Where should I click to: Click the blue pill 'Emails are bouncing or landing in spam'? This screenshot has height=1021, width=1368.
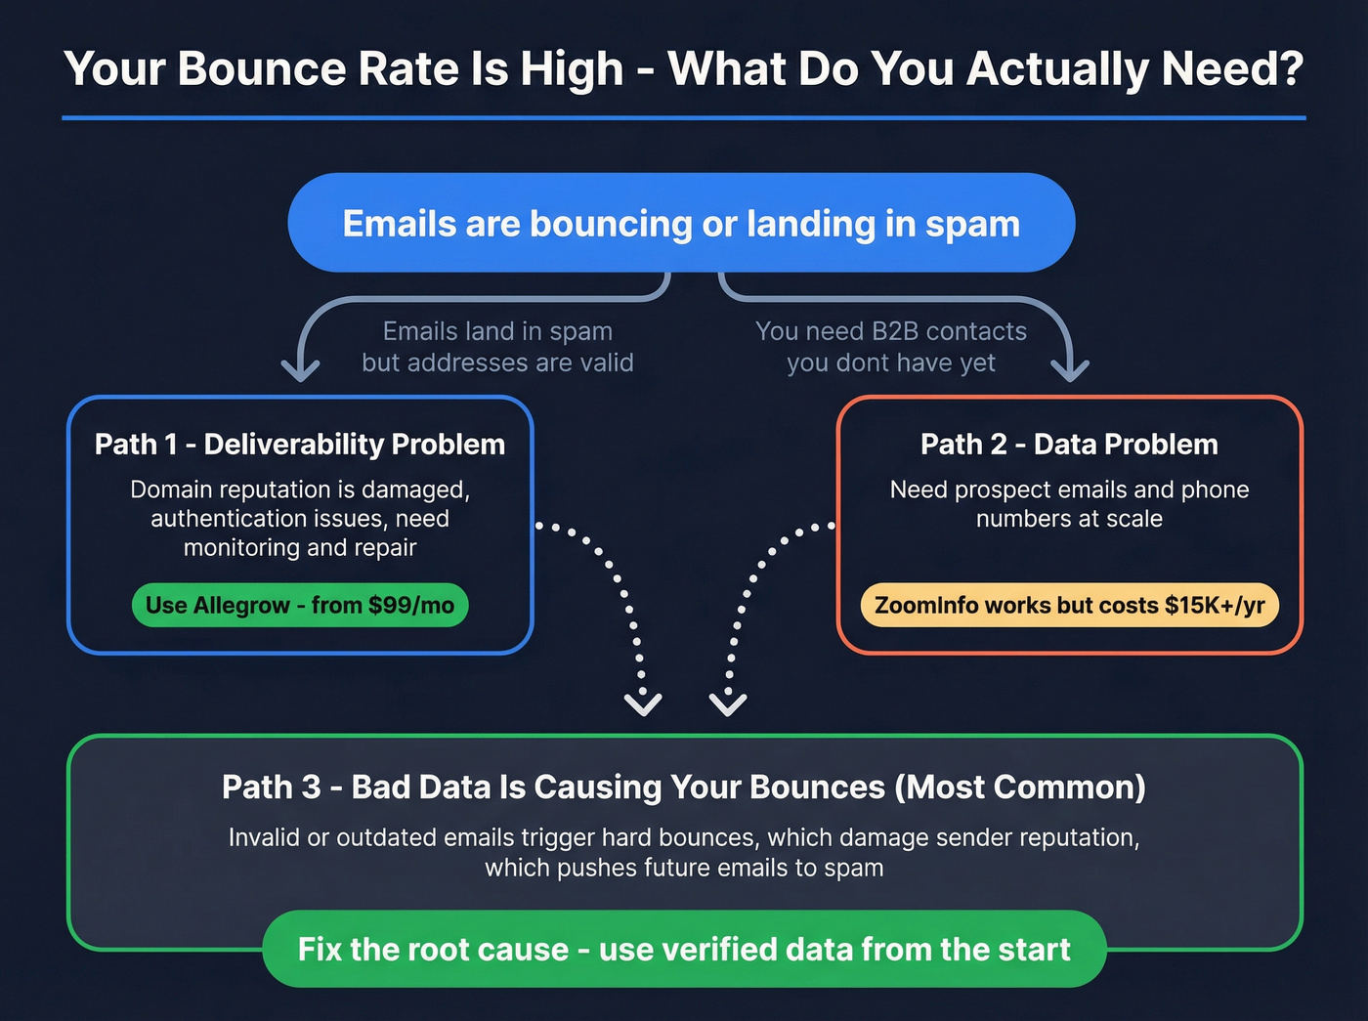coord(681,223)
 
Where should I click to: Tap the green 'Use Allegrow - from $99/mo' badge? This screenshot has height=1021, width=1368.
coord(300,606)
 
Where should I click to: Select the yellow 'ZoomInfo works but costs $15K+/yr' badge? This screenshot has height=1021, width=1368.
coord(1069,606)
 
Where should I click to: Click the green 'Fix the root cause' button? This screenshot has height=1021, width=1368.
coord(684,949)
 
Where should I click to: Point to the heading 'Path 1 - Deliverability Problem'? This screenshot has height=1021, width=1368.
coord(300,445)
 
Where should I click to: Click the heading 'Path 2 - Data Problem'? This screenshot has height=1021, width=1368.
coord(1069,445)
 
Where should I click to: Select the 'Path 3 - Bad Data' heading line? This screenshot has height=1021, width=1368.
coord(684,787)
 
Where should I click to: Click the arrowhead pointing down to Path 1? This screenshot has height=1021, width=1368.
coord(300,369)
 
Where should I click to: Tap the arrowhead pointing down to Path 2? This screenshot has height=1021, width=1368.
coord(1070,369)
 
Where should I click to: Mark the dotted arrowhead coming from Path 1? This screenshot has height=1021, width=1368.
coord(643,702)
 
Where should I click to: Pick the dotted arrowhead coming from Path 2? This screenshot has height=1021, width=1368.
coord(728,702)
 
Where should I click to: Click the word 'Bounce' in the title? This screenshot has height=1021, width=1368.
coord(261,69)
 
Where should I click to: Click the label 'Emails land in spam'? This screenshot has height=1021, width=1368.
coord(497,331)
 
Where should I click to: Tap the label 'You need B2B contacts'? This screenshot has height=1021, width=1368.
coord(891,331)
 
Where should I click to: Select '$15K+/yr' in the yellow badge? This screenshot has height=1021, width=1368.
coord(1215,606)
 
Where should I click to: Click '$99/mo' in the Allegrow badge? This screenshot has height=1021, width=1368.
coord(411,606)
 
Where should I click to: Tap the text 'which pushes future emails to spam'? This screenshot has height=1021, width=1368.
coord(684,868)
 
